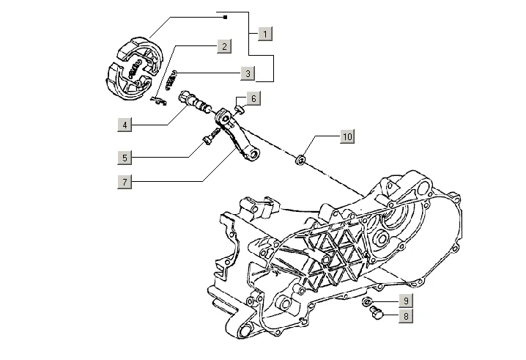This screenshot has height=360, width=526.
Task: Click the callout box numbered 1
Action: (265, 33)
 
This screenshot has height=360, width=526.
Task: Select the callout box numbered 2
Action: (223, 45)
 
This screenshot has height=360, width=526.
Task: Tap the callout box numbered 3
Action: (248, 73)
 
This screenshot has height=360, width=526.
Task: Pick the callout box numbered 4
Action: (125, 125)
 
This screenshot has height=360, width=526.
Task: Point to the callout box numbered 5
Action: (125, 157)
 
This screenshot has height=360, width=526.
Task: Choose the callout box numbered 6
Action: (251, 98)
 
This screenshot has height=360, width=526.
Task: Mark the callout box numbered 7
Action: (125, 180)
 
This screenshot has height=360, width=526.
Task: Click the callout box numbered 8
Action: (404, 317)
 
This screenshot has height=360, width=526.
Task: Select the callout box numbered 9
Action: (404, 301)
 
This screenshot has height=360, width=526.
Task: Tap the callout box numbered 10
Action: (347, 136)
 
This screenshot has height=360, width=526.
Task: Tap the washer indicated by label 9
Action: (368, 302)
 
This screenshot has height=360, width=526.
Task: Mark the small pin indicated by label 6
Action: (239, 109)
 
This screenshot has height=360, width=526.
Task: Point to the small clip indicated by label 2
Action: (157, 100)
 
